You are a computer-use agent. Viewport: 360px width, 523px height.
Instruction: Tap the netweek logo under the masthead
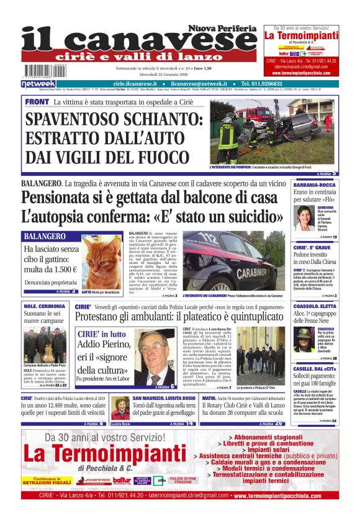coord(38,83)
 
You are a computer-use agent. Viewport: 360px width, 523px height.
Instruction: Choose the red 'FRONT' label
coord(37,101)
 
